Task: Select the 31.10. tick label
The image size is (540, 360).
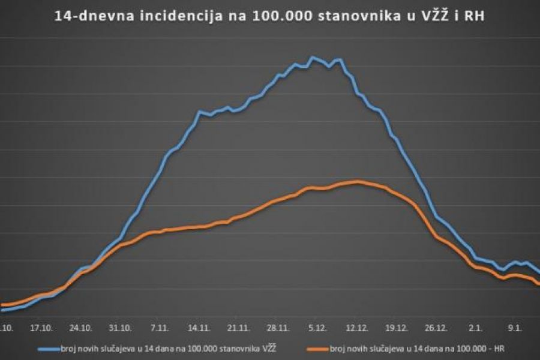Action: [x=121, y=328]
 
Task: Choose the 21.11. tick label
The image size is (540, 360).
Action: [x=239, y=328]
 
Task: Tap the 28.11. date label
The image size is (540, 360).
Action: [x=279, y=328]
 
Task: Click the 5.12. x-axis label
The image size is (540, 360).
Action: [x=318, y=328]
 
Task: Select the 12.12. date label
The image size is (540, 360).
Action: [x=358, y=328]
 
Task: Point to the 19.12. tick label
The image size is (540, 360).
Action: [x=397, y=328]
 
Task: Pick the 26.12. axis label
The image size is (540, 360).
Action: [x=436, y=328]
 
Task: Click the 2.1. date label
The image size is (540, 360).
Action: [x=476, y=328]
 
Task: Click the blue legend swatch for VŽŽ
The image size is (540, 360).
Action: [x=47, y=347]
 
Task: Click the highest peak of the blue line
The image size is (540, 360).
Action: [x=312, y=58]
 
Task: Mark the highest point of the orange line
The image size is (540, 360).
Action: [x=358, y=181]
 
